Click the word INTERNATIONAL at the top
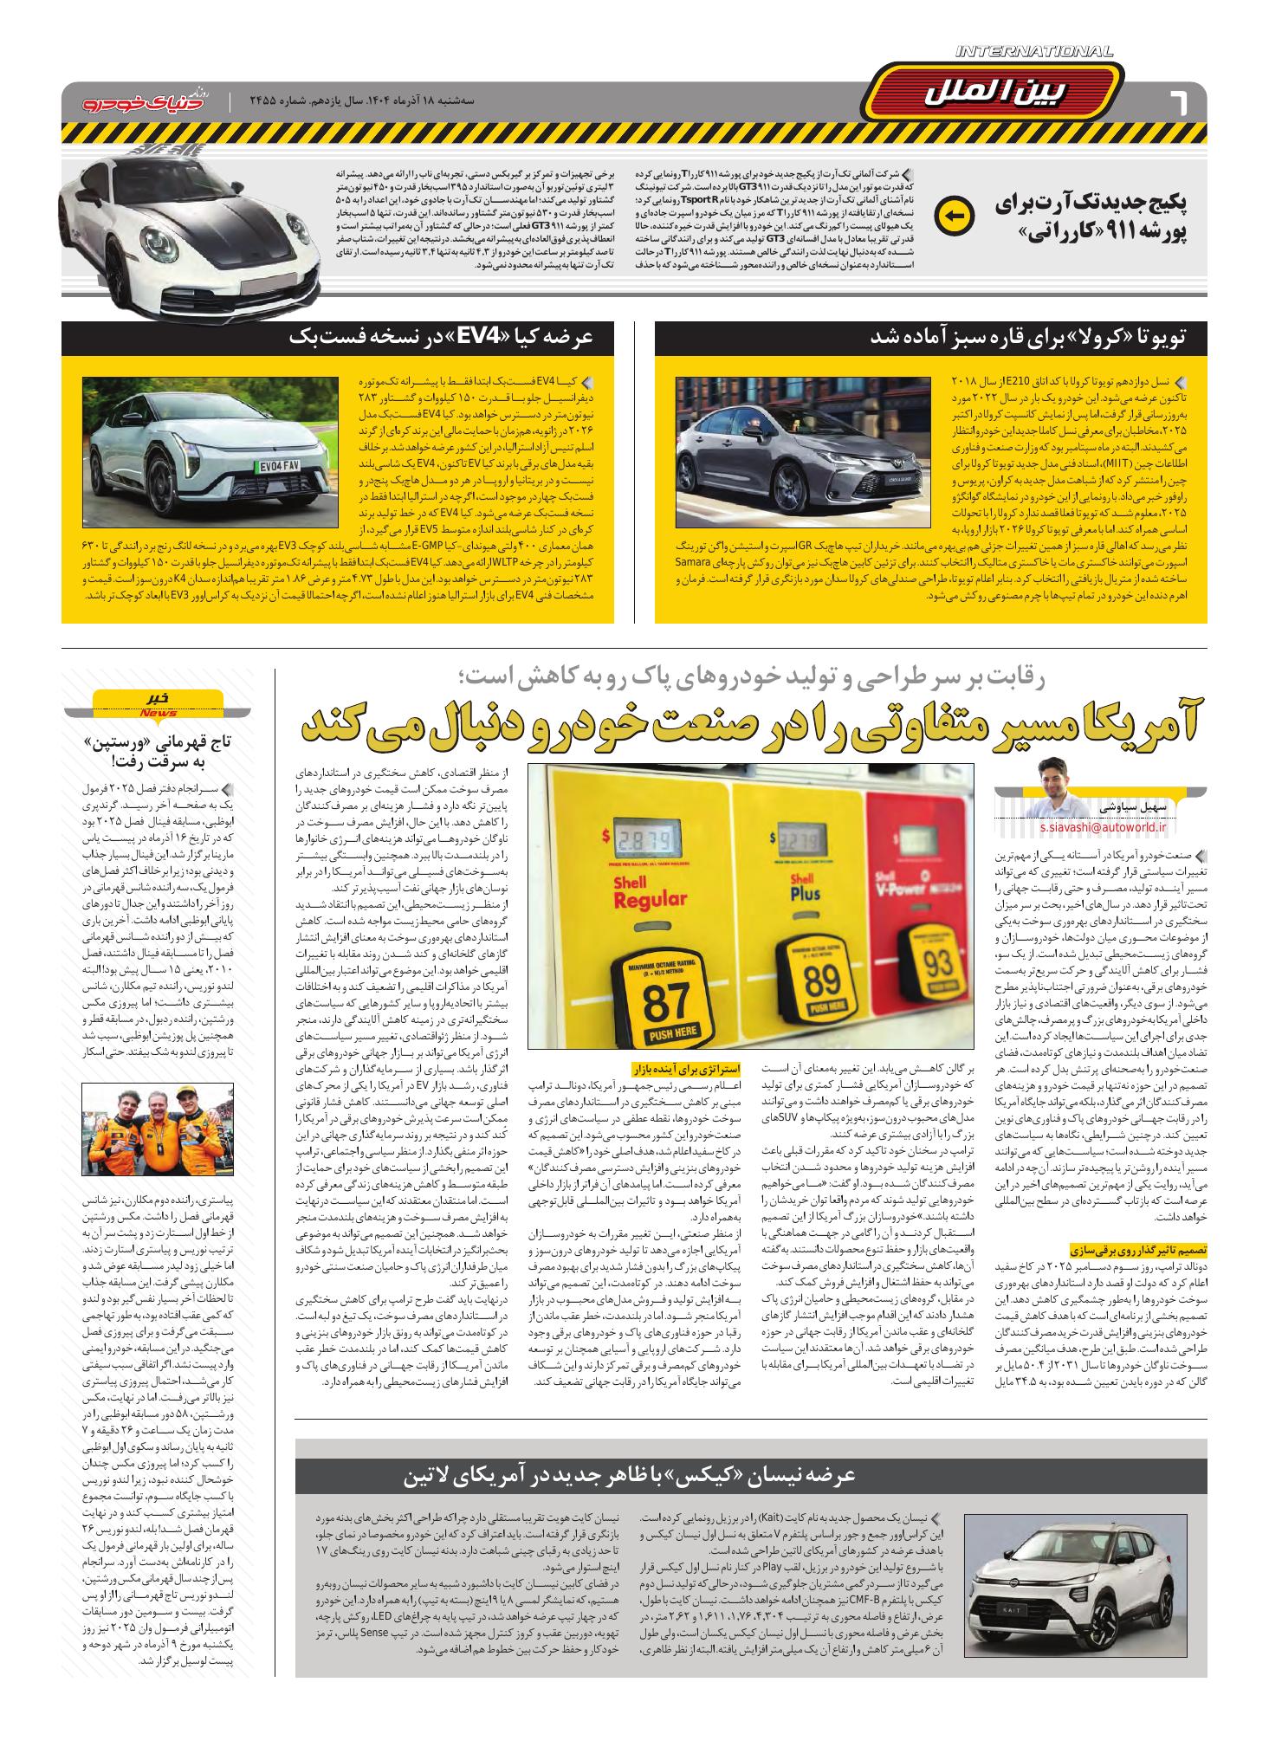pos(1034,53)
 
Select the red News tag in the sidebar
pos(158,713)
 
